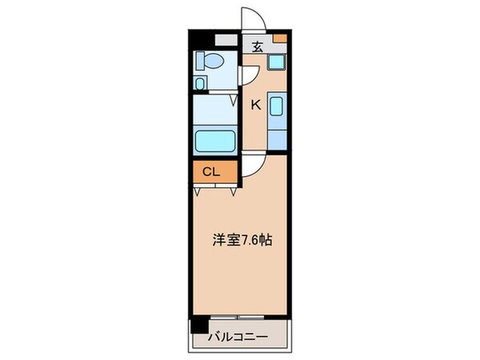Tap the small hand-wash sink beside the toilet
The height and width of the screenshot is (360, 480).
point(200,83)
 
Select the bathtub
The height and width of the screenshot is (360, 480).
point(214,142)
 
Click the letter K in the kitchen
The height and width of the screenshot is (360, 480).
point(257,103)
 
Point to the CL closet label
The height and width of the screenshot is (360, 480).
point(211,170)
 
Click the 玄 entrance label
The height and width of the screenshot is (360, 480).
point(257,46)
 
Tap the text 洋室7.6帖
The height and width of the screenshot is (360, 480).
point(239,238)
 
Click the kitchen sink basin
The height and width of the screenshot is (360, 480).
point(277,106)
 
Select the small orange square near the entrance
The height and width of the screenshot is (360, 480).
point(278,38)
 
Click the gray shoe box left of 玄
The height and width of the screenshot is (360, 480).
point(226,39)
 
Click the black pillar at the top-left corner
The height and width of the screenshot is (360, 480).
point(197,38)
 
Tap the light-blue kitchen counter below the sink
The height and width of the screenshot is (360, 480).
point(277,136)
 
